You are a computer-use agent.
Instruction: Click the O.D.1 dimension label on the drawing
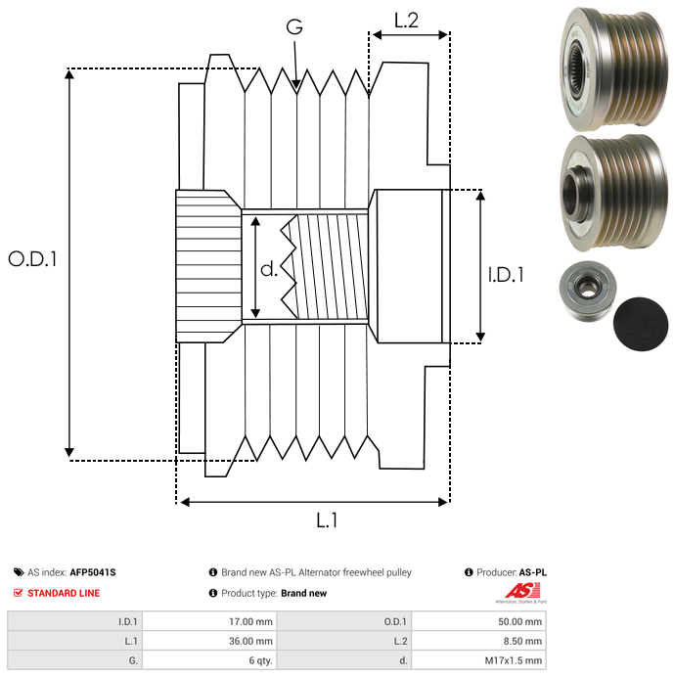32,259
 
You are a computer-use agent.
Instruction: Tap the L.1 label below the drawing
327,521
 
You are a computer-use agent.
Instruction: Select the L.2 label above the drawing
406,20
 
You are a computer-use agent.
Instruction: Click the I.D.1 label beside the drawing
506,276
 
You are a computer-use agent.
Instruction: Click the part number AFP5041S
99,572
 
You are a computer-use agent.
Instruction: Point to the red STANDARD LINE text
64,593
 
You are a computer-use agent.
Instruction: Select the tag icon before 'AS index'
19,572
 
